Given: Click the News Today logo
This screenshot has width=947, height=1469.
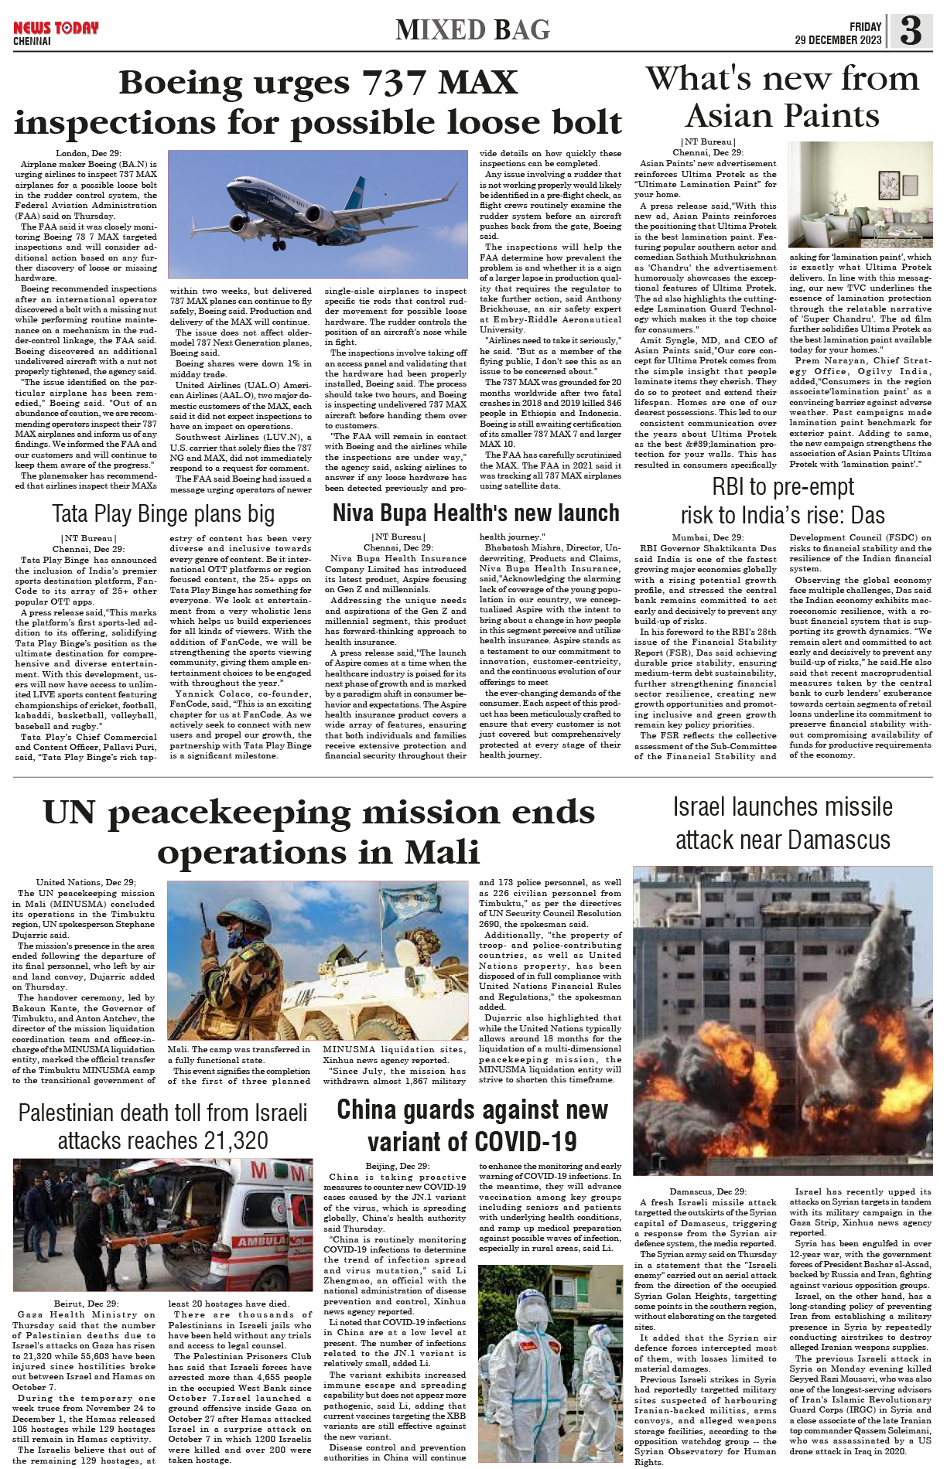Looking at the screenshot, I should tap(56, 29).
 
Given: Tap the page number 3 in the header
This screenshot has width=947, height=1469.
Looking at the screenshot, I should tap(911, 31).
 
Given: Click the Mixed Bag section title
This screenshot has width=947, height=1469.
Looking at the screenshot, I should tap(473, 30).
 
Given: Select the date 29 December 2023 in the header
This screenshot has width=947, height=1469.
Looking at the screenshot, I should tap(838, 40).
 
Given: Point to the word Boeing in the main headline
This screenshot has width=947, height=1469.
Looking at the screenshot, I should tap(181, 83).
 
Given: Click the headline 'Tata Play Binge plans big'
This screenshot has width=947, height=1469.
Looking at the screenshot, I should tap(163, 514).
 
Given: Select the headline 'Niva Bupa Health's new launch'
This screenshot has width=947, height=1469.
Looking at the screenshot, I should tap(476, 513).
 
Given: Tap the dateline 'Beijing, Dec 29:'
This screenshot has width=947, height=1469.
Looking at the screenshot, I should tap(397, 1166).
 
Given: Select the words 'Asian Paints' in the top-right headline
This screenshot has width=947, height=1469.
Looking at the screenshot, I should tap(782, 117).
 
